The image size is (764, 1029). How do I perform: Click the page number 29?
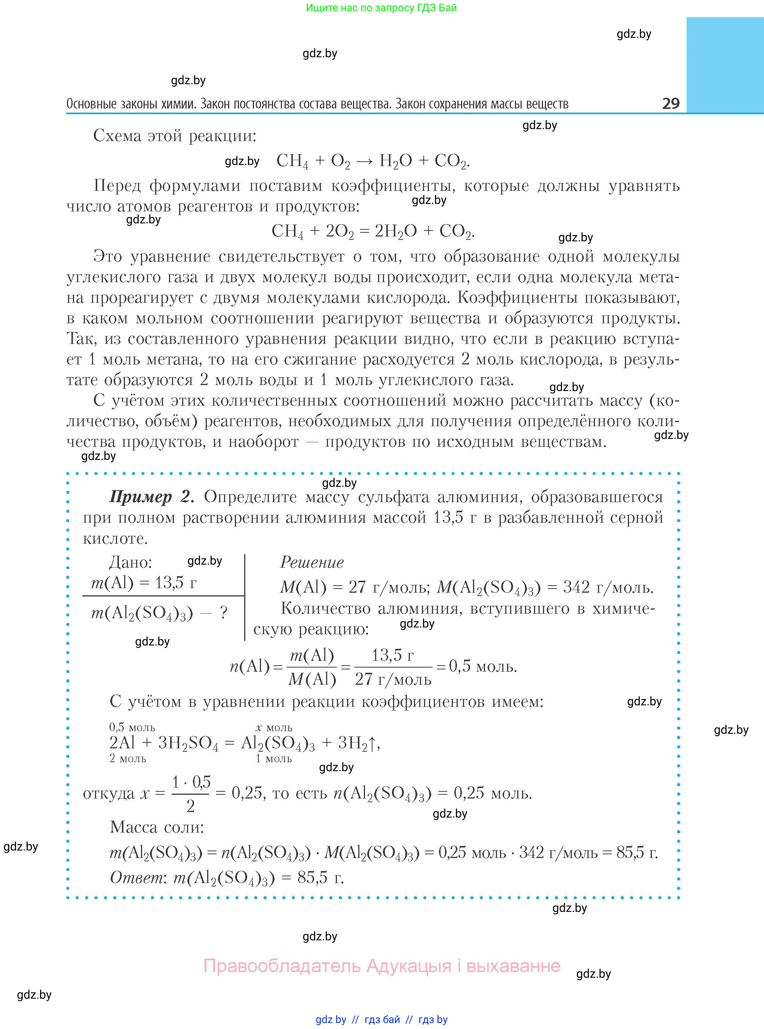click(x=671, y=103)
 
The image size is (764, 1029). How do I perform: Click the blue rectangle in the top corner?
click(x=725, y=65)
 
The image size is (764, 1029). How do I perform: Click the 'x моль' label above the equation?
click(x=274, y=727)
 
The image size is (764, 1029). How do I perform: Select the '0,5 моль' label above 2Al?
click(x=132, y=727)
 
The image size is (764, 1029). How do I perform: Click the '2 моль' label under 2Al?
click(x=128, y=758)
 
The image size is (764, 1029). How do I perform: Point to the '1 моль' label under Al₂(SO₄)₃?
click(x=274, y=758)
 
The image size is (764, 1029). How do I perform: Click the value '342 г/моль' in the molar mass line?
click(x=608, y=587)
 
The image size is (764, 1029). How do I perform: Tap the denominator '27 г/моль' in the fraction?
click(x=393, y=679)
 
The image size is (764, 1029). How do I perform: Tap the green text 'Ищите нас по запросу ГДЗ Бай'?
click(x=381, y=8)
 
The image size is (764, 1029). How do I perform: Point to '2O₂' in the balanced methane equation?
click(x=340, y=231)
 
